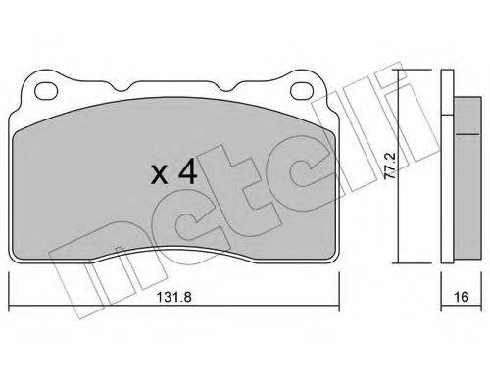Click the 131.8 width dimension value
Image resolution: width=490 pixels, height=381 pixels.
pyautogui.click(x=173, y=297)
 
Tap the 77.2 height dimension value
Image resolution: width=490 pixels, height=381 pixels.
pyautogui.click(x=390, y=166)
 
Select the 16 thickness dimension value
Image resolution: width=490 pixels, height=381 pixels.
pyautogui.click(x=462, y=297)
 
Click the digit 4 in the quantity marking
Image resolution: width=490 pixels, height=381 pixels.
pyautogui.click(x=187, y=171)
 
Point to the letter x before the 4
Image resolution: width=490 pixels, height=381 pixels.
pyautogui.click(x=159, y=175)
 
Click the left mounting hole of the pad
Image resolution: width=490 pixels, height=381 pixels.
pyautogui.click(x=46, y=90)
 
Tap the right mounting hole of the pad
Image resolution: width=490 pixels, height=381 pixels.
pyautogui.click(x=302, y=90)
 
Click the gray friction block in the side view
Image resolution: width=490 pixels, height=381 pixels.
pyautogui.click(x=467, y=178)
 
